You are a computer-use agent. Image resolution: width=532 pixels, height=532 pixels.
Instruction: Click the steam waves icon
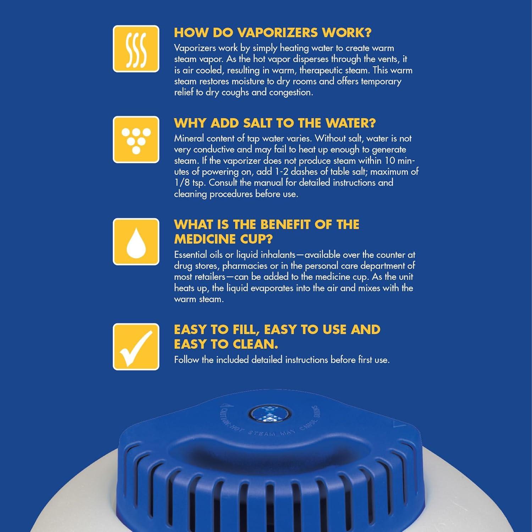[x=136, y=49]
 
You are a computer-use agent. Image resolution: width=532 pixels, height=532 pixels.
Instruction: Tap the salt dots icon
[x=136, y=140]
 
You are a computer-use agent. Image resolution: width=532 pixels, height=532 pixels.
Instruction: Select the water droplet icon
[x=136, y=242]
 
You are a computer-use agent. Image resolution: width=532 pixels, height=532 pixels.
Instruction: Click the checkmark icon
[x=136, y=347]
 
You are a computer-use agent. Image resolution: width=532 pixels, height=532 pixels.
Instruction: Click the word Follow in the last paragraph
[x=187, y=360]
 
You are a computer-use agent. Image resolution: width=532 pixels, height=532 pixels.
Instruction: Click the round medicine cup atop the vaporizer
[x=270, y=414]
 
